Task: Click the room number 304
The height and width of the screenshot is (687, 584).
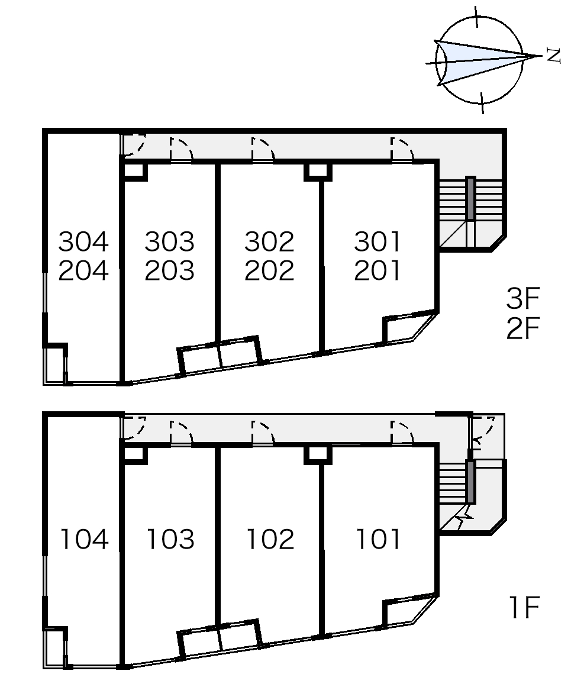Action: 83,242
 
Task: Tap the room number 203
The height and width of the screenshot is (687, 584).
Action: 170,270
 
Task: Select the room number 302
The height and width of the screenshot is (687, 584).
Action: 269,242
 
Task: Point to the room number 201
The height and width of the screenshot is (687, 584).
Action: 377,270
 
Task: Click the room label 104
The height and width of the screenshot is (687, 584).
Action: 84,539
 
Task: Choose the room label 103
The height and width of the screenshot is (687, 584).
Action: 170,539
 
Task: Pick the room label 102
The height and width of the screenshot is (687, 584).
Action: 270,539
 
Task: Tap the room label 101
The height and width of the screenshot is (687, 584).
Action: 378,539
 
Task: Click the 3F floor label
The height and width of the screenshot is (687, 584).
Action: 522,298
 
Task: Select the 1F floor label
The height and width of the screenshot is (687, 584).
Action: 524,607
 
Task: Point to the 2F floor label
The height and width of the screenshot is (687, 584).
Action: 522,328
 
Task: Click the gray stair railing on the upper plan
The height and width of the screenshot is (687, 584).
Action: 470,198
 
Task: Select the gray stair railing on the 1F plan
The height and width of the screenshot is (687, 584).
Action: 470,482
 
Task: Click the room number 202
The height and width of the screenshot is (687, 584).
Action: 269,270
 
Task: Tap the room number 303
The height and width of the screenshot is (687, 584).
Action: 170,242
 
